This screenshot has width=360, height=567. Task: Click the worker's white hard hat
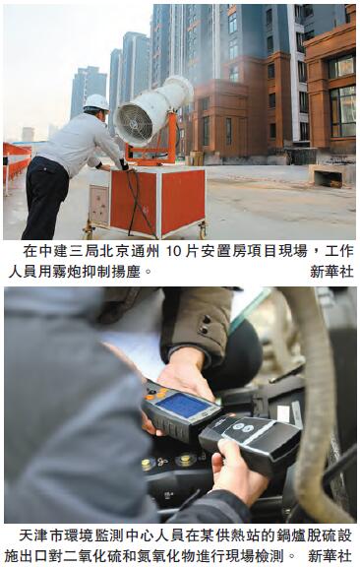(96, 102)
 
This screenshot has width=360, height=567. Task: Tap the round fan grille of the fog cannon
(133, 123)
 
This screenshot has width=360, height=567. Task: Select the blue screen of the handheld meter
(183, 405)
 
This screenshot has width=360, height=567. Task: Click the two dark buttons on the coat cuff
(206, 325)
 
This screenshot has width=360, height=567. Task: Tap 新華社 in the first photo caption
(331, 272)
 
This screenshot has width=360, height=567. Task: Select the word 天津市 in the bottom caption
(40, 535)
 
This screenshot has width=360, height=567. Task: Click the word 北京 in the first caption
(114, 252)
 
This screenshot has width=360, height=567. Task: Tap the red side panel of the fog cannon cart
(184, 201)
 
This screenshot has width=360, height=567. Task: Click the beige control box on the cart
(99, 205)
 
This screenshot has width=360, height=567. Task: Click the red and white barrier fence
(16, 163)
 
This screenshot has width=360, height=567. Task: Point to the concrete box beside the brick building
(328, 176)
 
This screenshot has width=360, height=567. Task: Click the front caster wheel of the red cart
(202, 229)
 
